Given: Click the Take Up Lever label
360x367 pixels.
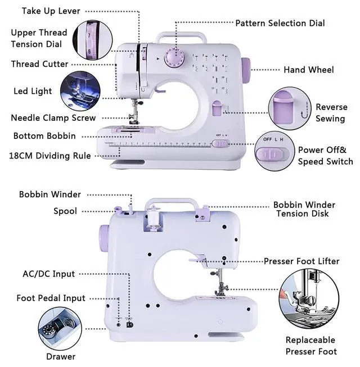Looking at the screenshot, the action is pos(51,11).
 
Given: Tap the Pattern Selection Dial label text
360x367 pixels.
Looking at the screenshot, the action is pos(280,23).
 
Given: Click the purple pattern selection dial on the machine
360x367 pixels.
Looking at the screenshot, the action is pos(174,58).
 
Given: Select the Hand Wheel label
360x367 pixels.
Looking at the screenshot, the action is pos(309,70).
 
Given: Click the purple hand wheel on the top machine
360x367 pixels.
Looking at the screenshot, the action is pos(246,70).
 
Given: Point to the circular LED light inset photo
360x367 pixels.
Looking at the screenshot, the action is pos(80,91).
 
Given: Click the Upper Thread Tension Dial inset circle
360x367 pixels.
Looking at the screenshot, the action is pos(92,40).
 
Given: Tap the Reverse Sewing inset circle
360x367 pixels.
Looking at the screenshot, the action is pos(290,108).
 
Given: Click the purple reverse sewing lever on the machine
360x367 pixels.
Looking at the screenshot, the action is pos(217,108).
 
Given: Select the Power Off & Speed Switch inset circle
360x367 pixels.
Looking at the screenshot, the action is pos(274,151).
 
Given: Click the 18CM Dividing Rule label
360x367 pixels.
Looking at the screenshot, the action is pos(50,156).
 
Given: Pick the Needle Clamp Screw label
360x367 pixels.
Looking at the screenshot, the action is pos(53,117).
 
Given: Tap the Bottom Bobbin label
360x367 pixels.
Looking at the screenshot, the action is pos(44,136).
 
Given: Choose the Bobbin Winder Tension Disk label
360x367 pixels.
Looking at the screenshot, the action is pos(304,209).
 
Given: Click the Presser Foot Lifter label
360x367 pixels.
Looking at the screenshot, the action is pos(301,261).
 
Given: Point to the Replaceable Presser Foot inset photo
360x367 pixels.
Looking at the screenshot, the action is pos(309,299).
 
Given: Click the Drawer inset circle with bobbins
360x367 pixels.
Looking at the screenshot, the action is pos(60,329).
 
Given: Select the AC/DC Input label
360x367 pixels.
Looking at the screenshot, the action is pos(49,274).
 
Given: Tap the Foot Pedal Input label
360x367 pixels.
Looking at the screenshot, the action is pos(51,298).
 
